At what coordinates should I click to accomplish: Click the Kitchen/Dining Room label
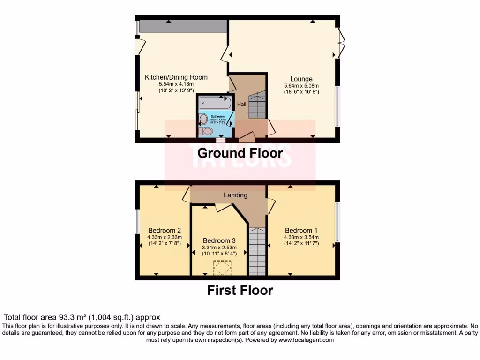[176, 77]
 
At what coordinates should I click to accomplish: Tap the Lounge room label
[301, 79]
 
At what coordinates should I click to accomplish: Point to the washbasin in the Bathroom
[203, 119]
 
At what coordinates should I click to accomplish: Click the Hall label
[241, 104]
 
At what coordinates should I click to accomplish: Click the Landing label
[235, 195]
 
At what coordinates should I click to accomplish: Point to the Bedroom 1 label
[301, 231]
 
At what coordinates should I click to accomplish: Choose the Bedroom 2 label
[165, 231]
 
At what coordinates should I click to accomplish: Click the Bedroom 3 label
[219, 240]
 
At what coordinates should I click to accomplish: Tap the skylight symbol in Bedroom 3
[222, 268]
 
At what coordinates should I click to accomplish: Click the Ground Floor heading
[240, 153]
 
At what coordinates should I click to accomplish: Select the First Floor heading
[240, 290]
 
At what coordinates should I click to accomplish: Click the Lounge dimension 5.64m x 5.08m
[301, 86]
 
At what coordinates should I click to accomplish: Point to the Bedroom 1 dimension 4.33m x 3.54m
[301, 237]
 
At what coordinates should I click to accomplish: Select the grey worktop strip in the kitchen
[183, 26]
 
